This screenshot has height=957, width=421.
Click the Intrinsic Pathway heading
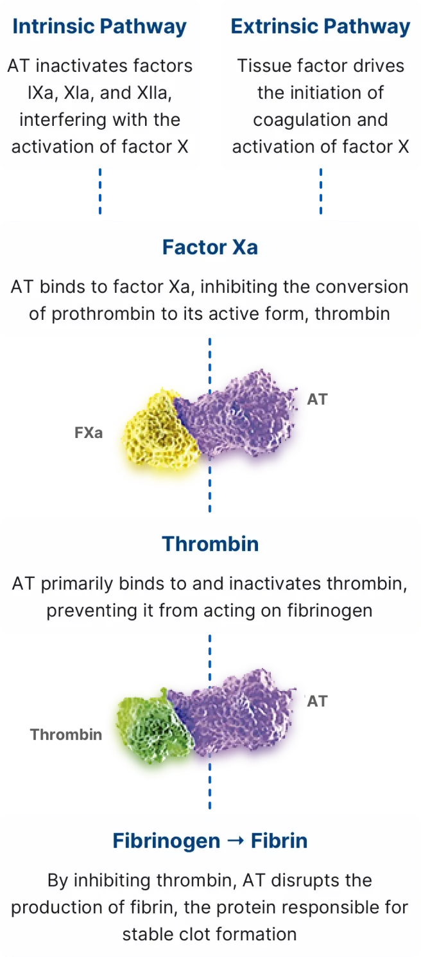[x=99, y=26]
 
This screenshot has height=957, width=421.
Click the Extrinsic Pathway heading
[x=320, y=26]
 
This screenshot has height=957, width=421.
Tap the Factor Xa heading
[x=210, y=247]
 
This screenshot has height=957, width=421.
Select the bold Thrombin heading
[x=210, y=544]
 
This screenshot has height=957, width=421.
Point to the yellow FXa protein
[x=160, y=430]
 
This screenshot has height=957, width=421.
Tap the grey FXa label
[x=89, y=433]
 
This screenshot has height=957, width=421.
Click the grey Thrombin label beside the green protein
[x=66, y=734]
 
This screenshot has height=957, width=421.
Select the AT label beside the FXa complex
[x=317, y=399]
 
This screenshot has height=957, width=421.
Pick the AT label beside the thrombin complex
[x=317, y=701]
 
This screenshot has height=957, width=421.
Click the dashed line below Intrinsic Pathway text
[x=100, y=191]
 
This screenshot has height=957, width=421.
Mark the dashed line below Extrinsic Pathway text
[x=321, y=191]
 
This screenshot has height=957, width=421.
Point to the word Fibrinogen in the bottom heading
[x=166, y=841]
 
